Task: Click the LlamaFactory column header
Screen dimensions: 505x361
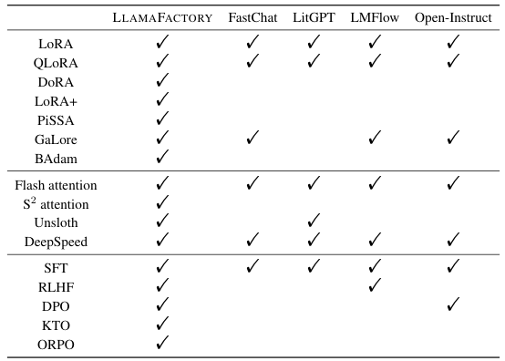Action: (163, 17)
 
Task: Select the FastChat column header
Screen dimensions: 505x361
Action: (252, 17)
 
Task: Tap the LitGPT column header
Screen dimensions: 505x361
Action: (313, 17)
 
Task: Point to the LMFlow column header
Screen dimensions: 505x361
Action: (372, 17)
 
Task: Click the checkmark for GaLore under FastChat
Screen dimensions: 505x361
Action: (252, 139)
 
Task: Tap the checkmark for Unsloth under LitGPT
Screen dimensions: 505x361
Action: (313, 223)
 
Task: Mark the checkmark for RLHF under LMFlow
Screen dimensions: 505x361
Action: (372, 286)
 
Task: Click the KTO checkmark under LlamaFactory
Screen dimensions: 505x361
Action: (163, 325)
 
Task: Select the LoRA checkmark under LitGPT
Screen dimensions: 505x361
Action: (313, 43)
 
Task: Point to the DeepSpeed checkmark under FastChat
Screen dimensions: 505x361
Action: (252, 242)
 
